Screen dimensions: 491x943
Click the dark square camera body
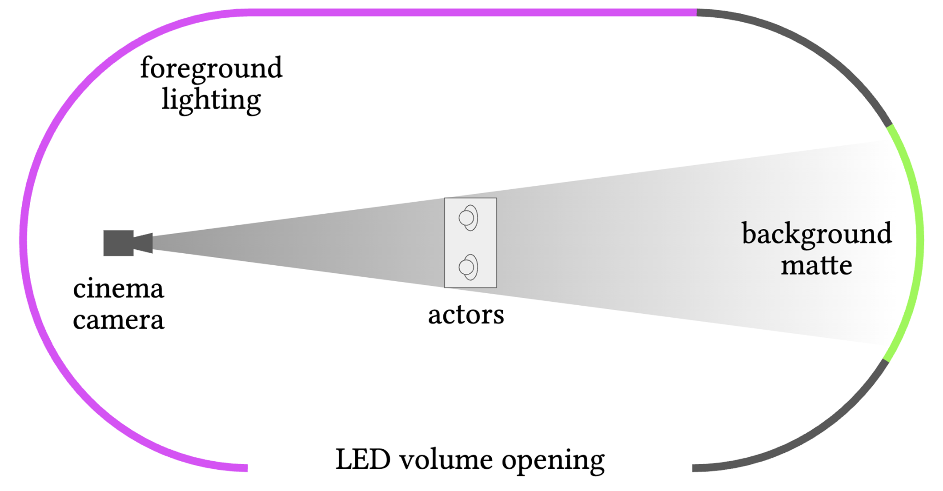118,243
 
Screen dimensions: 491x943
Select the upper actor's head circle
466,218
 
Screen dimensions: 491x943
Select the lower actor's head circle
466,267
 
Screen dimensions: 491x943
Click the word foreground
211,68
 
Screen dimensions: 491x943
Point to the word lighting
211,100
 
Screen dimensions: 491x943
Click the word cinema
118,289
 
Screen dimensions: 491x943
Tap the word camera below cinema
118,320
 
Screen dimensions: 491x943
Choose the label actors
466,315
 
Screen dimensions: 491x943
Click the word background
816,234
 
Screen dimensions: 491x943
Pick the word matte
816,265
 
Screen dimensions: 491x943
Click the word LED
362,459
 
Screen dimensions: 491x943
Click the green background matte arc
919,240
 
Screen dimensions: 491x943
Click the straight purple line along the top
467,12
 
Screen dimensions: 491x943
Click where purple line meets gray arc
697,12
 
